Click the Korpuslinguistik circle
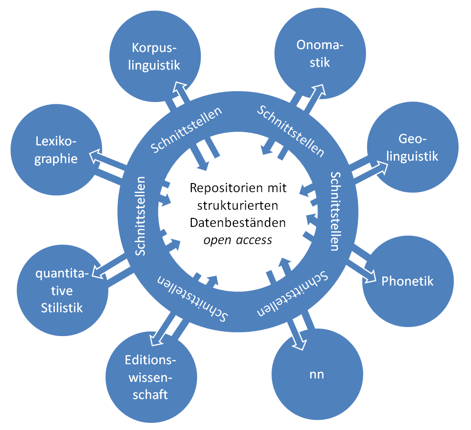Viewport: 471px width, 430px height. coord(155,56)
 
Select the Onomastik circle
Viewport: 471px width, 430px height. coord(320,53)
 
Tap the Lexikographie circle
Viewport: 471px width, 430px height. coord(56,150)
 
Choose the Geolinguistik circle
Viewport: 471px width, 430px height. coord(413,147)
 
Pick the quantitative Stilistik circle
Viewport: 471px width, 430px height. coord(63,290)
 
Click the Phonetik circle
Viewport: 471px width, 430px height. coord(408,281)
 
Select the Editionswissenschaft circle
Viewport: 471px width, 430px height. coord(151,377)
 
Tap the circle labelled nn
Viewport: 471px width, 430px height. coord(317,374)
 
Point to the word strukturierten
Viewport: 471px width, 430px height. coord(238,205)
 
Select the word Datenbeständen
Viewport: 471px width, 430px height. coord(238,223)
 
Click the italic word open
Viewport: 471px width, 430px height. coord(217,241)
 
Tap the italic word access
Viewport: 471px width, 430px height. coord(254,240)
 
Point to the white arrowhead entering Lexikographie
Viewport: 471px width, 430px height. coord(95,156)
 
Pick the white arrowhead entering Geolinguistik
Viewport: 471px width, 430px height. coord(381,167)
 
